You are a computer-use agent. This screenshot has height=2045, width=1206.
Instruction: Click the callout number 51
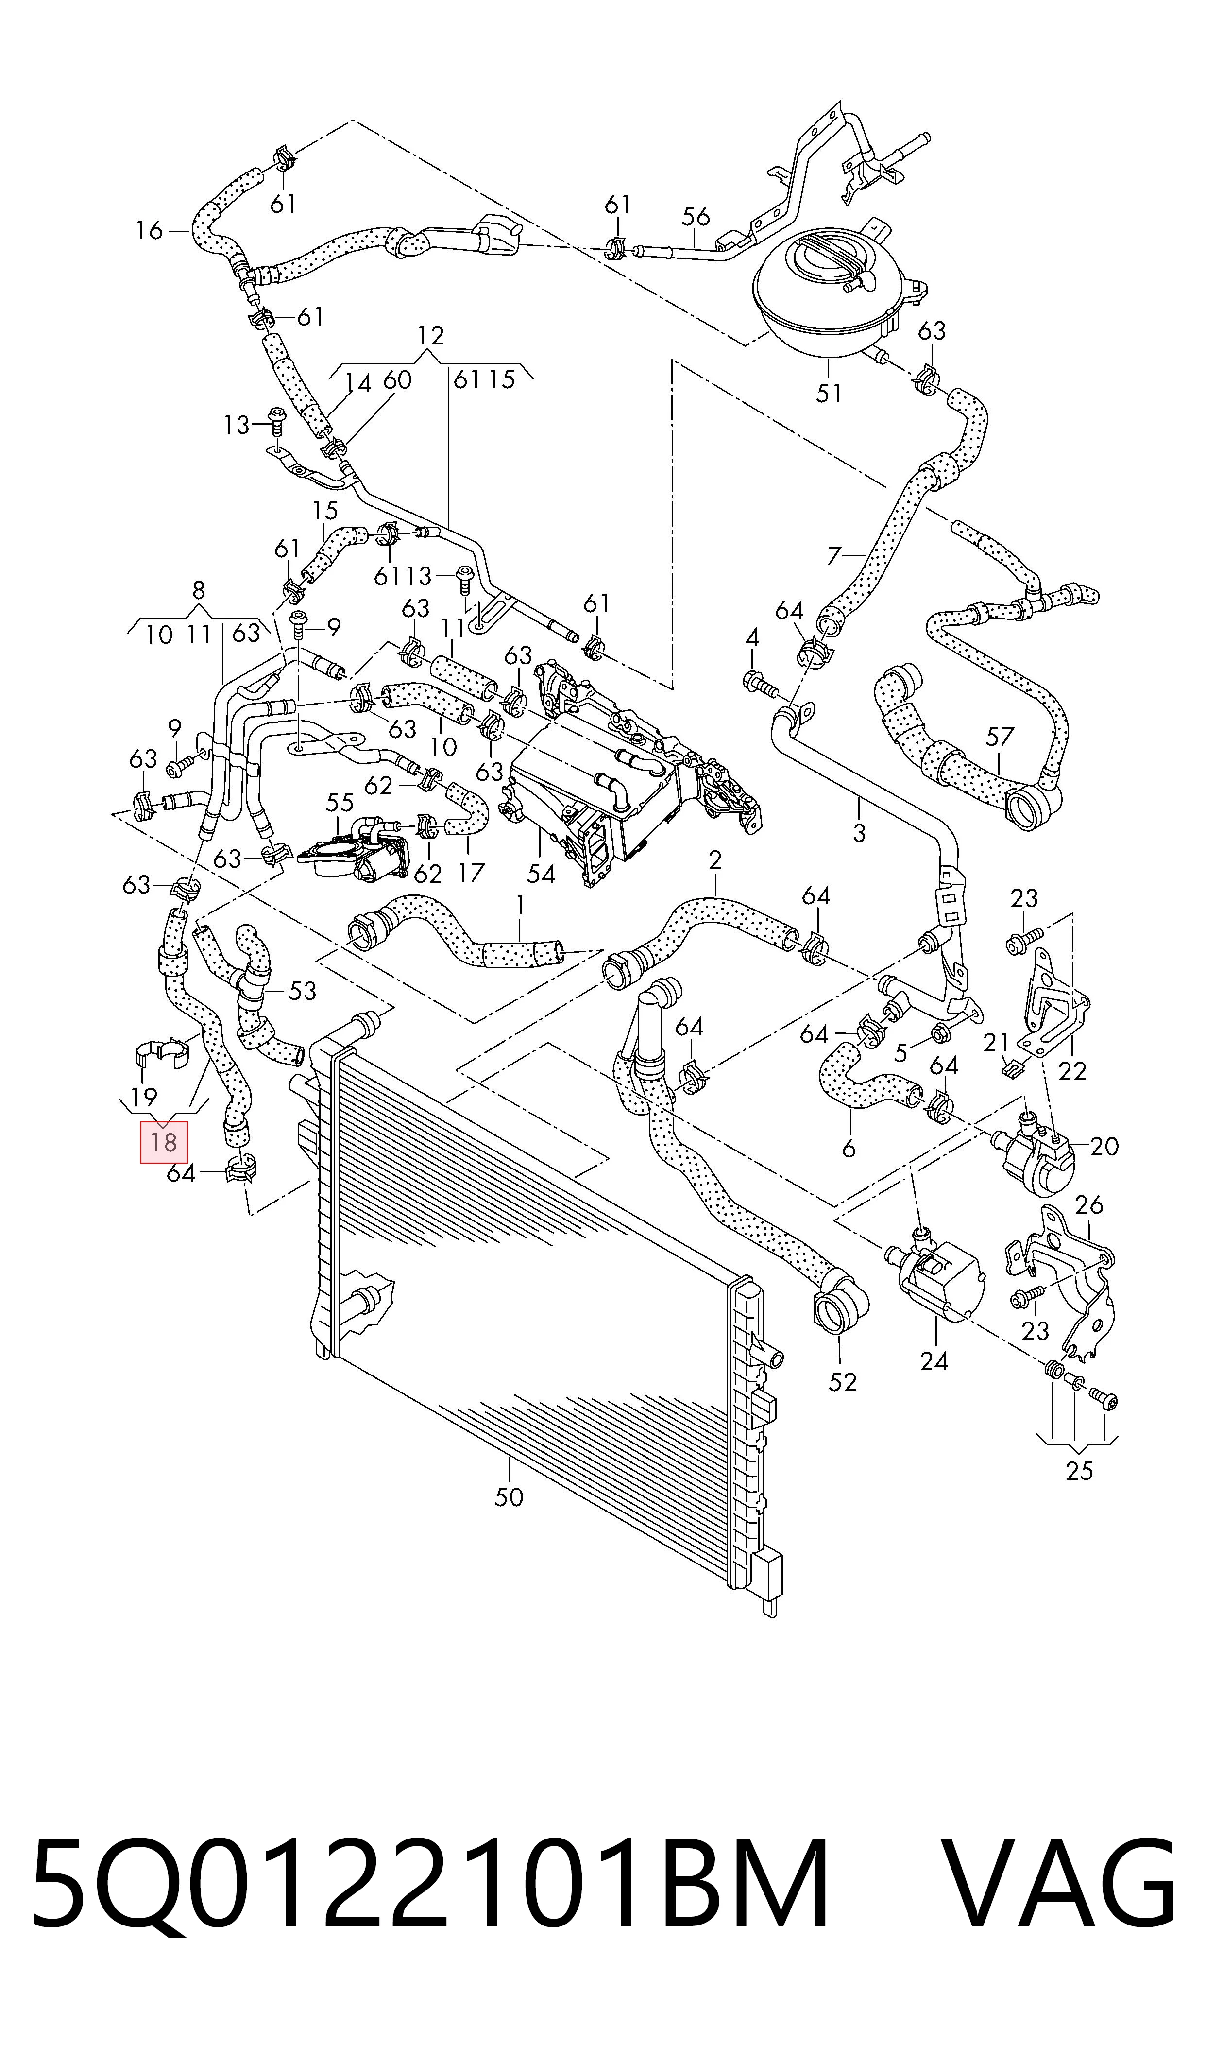[x=829, y=394]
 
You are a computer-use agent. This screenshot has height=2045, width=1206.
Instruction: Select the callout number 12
[x=431, y=335]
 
